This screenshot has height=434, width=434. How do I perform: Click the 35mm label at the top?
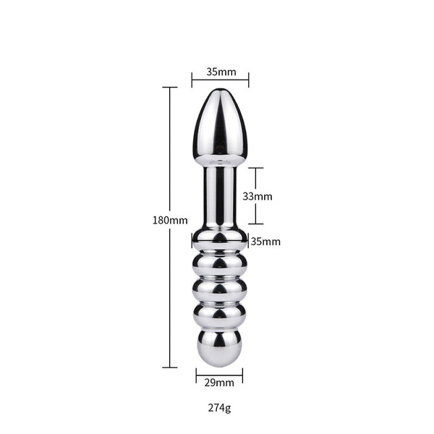[x=220, y=72]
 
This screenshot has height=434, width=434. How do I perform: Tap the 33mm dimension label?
[x=257, y=196]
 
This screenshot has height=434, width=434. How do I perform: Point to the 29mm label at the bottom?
[x=219, y=383]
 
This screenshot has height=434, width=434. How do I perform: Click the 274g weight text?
[x=218, y=408]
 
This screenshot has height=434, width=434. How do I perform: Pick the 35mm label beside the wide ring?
[x=265, y=242]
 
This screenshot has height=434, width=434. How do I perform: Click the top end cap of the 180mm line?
[x=170, y=88]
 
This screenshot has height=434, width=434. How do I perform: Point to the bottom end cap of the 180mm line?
[x=170, y=367]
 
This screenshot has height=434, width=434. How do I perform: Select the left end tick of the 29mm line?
[x=196, y=373]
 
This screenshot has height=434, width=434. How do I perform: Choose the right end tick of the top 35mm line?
[x=249, y=80]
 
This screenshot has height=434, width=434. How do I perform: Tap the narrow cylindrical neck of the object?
[x=219, y=195]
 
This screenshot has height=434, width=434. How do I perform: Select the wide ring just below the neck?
[x=219, y=238]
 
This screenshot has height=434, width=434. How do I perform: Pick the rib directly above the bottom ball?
[x=219, y=312]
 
